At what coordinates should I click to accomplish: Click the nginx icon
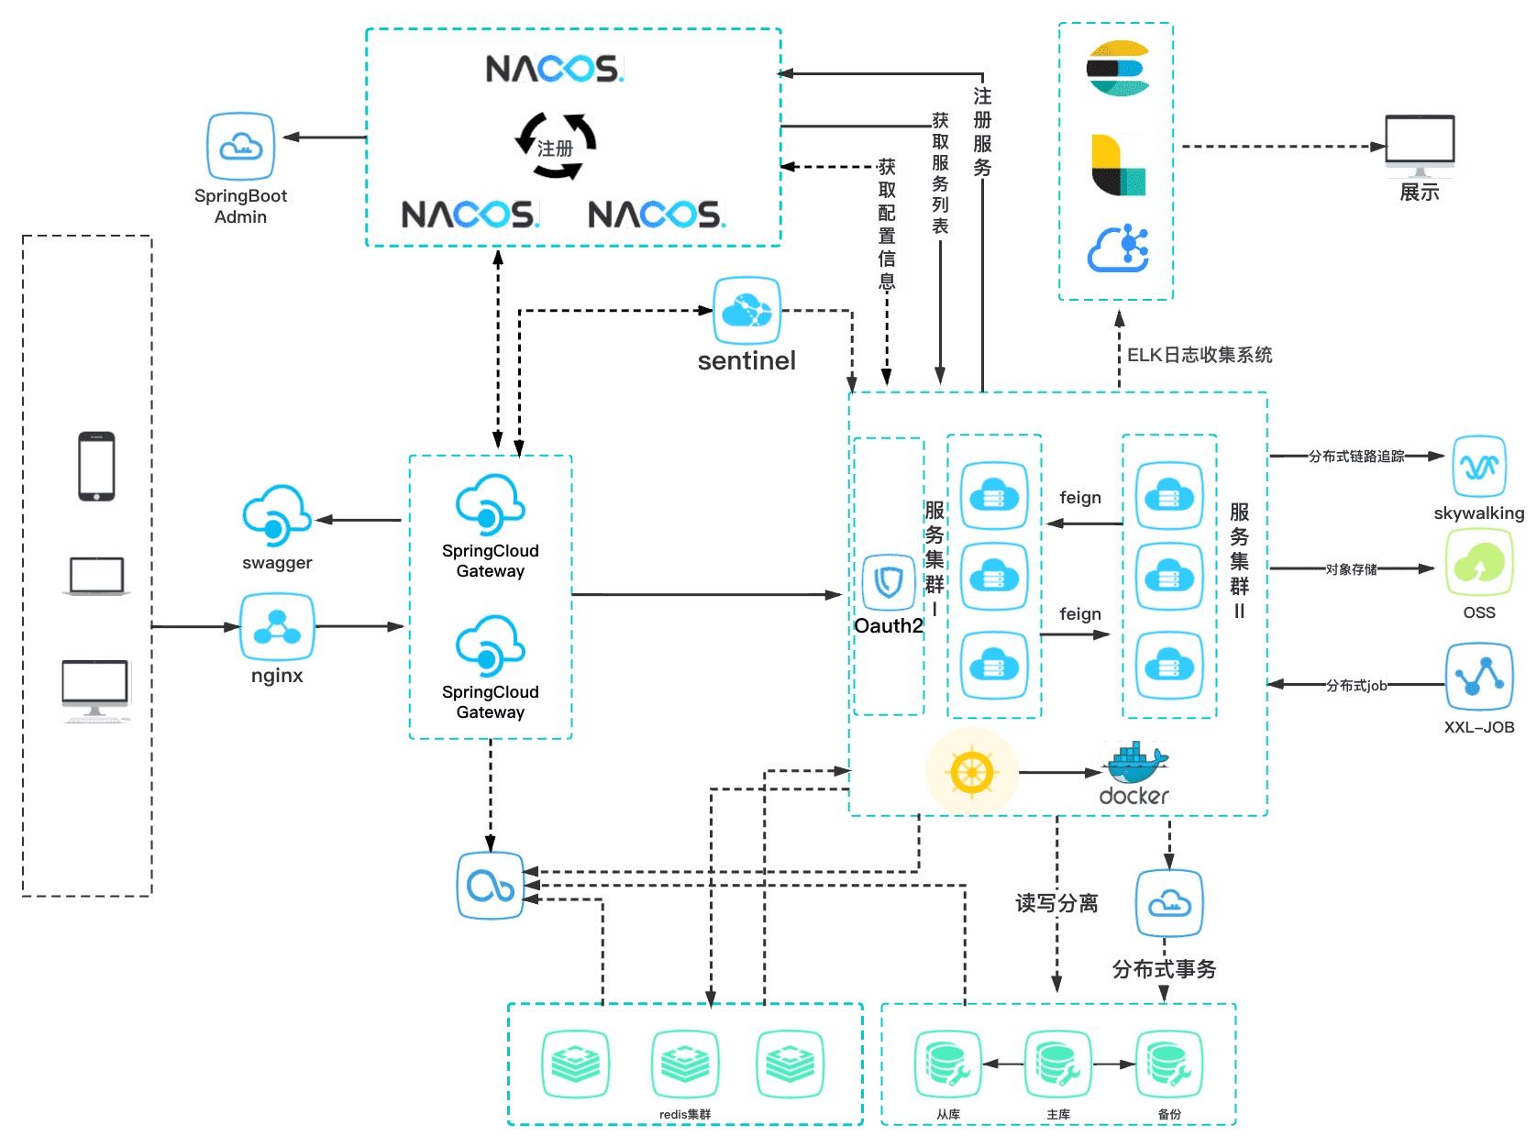[x=277, y=627]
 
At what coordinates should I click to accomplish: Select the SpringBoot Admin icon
[x=240, y=146]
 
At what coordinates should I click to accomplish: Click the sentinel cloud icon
[x=746, y=311]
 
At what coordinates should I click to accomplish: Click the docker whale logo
[x=1135, y=774]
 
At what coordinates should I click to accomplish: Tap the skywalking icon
[x=1478, y=467]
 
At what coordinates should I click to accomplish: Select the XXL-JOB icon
[x=1478, y=677]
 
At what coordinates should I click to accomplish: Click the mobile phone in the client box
[x=96, y=466]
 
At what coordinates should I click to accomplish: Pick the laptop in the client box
[x=96, y=577]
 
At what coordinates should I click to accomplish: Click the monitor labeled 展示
[x=1419, y=146]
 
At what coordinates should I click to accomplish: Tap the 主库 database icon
[x=1058, y=1064]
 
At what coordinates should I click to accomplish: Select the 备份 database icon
[x=1169, y=1064]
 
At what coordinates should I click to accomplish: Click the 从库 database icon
[x=948, y=1064]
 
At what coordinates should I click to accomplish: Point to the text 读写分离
[x=1056, y=903]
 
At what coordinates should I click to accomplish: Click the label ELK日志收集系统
[x=1199, y=355]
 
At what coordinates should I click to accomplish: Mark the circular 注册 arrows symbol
[x=555, y=147]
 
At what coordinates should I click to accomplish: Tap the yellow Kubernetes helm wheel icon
[x=971, y=772]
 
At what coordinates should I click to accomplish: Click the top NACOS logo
[x=554, y=69]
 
